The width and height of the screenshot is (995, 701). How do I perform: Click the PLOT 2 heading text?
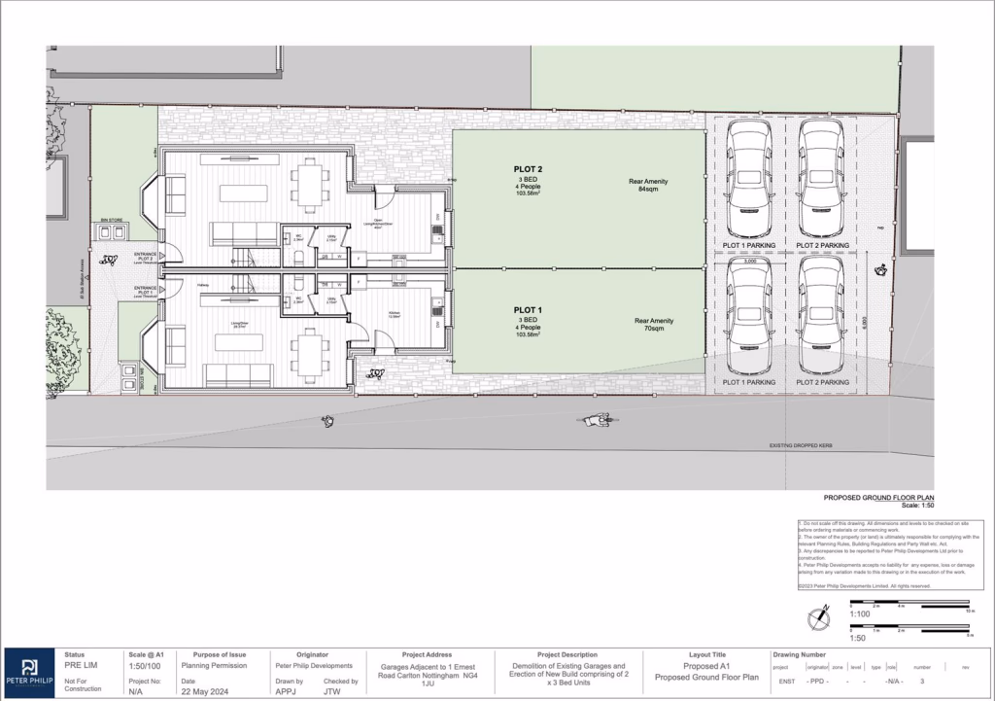pyautogui.click(x=528, y=169)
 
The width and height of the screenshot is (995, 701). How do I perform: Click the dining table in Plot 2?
pyautogui.click(x=310, y=183)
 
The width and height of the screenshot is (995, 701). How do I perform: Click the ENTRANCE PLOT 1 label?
pyautogui.click(x=145, y=292)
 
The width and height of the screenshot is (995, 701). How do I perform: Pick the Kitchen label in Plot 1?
pyautogui.click(x=395, y=314)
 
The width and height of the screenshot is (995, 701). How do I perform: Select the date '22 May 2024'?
pyautogui.click(x=202, y=691)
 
